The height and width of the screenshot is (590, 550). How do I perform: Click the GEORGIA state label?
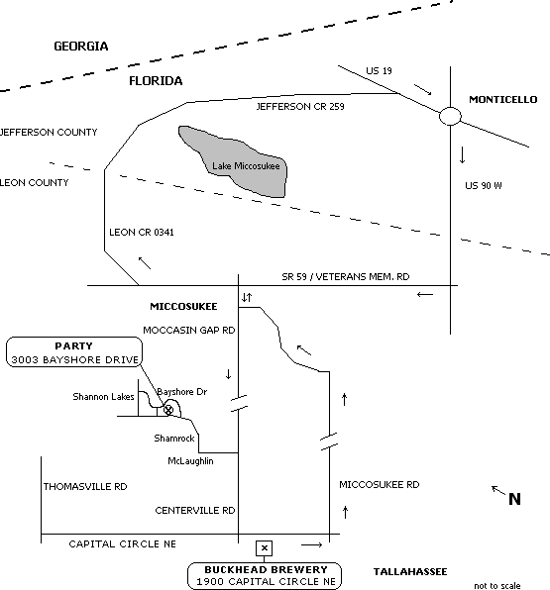coord(81,47)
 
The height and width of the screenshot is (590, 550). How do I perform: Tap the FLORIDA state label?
coord(156,81)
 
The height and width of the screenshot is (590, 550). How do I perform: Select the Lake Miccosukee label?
coord(246,166)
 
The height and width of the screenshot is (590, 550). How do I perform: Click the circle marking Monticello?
coord(450,107)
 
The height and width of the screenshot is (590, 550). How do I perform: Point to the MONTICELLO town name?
coord(502,99)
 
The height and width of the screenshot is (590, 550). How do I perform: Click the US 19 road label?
coord(379,70)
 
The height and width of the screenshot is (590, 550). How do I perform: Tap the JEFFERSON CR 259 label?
coord(300,107)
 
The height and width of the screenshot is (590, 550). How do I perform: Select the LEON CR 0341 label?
coord(142,233)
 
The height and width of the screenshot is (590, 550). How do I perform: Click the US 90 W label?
coord(484,185)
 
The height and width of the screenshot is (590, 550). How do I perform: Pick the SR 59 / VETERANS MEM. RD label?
coord(346,277)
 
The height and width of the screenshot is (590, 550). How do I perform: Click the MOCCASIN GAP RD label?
coord(188,330)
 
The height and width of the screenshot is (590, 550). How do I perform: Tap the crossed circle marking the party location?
coord(168,410)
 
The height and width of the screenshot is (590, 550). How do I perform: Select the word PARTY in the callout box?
coord(74,345)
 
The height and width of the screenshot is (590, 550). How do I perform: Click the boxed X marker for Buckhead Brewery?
coord(264,548)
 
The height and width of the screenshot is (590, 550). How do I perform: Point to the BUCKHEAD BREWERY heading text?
coord(266,569)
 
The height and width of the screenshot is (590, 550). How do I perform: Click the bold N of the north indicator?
coord(514,499)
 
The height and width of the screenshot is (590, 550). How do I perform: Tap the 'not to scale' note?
coord(497,585)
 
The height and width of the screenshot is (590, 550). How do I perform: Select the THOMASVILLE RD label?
coord(85,486)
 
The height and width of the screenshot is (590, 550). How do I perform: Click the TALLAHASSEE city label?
coord(410,571)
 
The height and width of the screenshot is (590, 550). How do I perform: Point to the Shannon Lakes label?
coord(103,397)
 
